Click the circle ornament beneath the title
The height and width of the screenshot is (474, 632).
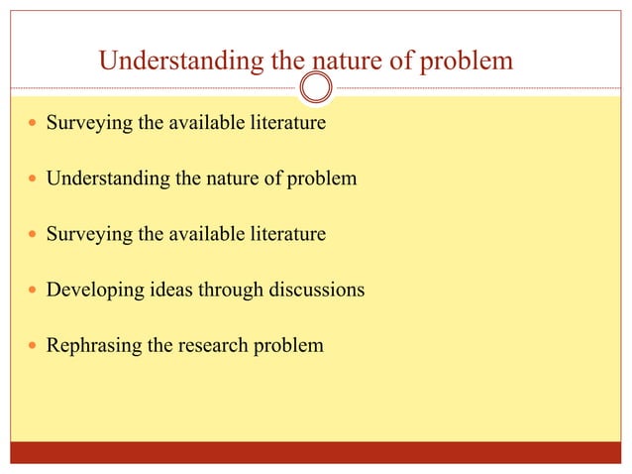[x=316, y=88]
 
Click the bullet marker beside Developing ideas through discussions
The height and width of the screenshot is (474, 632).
[x=34, y=292]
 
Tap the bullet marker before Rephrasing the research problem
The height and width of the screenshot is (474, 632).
[x=34, y=347]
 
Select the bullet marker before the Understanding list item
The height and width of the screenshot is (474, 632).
[x=34, y=180]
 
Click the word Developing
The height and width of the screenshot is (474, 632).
[x=90, y=292]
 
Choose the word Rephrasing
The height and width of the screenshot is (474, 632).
[x=90, y=347]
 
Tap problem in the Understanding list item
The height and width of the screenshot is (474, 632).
[x=319, y=180]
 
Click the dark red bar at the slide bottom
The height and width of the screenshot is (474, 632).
[x=316, y=452]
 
